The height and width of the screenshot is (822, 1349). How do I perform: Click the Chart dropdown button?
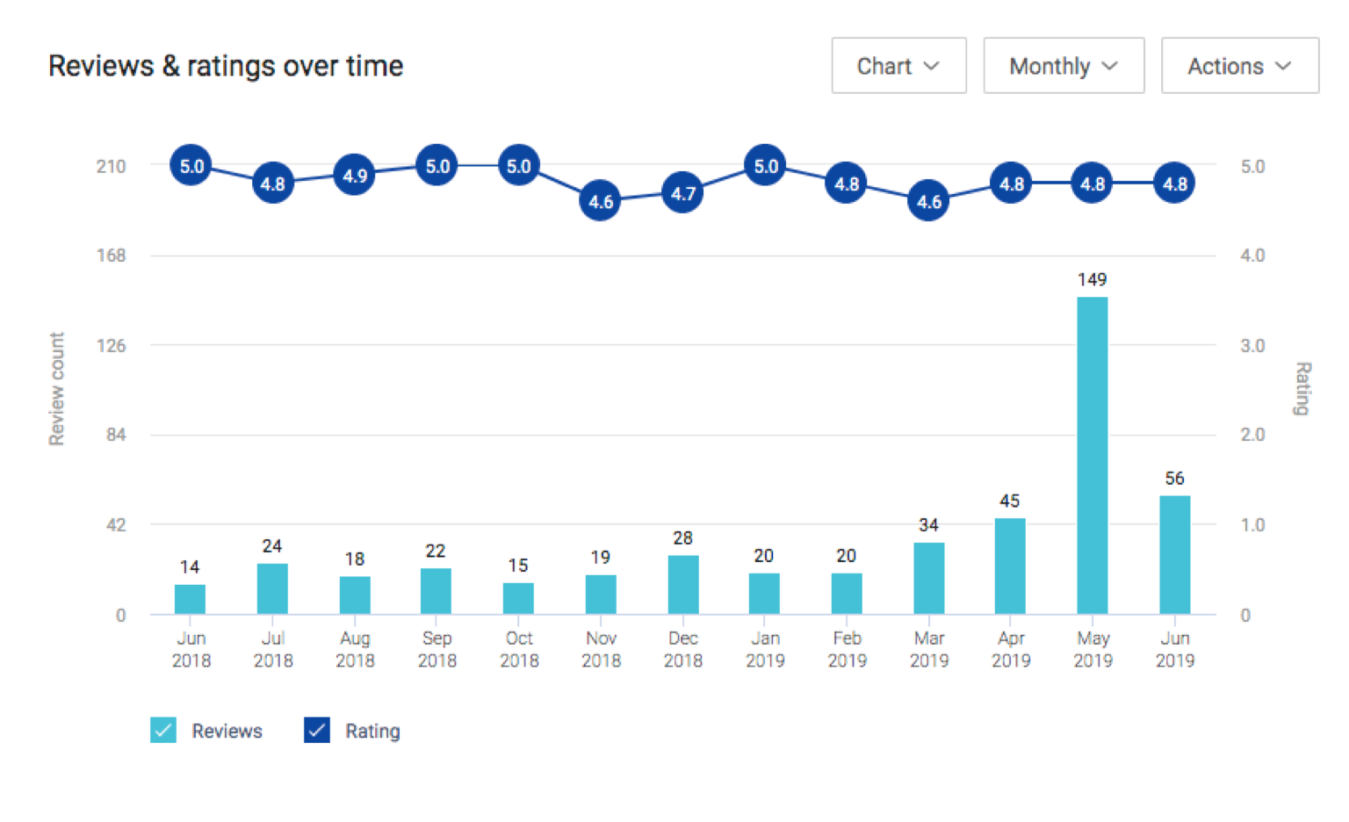tap(898, 66)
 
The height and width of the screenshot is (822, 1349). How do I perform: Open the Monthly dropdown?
tap(1064, 66)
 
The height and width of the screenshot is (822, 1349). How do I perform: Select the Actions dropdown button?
tap(1239, 66)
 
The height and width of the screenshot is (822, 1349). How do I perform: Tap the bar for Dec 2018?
tap(682, 584)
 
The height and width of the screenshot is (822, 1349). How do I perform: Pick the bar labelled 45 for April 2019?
tap(1010, 566)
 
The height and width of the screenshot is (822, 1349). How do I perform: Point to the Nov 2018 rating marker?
tap(601, 201)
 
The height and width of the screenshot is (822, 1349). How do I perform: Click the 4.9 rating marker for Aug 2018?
tap(355, 176)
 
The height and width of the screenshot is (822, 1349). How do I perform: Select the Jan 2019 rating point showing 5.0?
tap(765, 166)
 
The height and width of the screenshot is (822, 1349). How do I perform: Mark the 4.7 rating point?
tap(682, 193)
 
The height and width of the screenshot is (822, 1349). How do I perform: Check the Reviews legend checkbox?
tap(163, 731)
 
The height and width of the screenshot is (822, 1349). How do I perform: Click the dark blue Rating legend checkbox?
tap(317, 731)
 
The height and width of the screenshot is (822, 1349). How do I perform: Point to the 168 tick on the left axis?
tap(112, 256)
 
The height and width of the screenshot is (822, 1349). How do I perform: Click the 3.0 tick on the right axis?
tap(1252, 345)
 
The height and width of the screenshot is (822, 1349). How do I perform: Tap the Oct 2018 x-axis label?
tap(519, 649)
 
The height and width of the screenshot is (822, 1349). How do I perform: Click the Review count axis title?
tap(57, 388)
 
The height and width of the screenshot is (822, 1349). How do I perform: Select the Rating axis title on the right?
tap(1302, 388)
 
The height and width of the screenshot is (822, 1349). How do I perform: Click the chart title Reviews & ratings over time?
tap(226, 66)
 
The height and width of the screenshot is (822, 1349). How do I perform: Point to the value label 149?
tap(1092, 279)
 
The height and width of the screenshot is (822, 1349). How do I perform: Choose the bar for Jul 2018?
tap(272, 588)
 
